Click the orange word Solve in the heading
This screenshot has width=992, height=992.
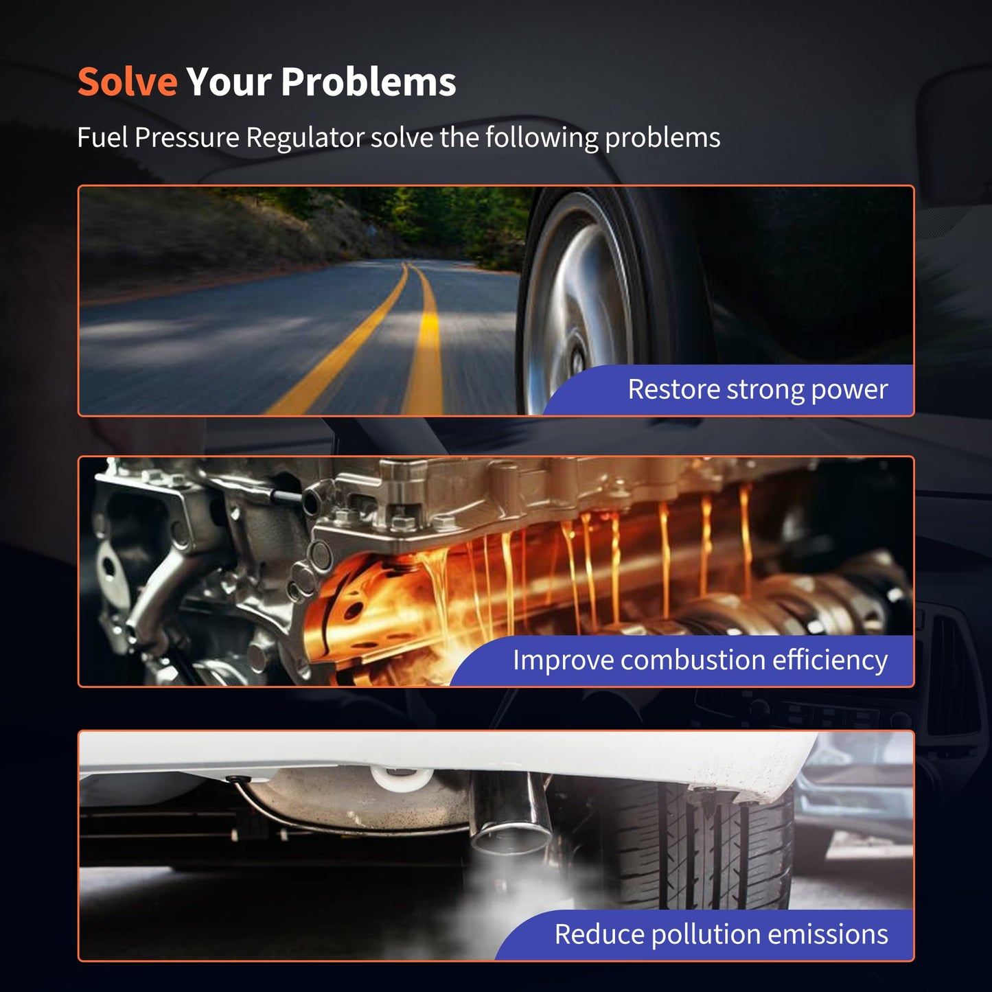[x=128, y=82]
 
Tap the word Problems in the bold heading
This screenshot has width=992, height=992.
[x=369, y=82]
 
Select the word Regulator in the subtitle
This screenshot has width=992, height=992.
[x=305, y=139]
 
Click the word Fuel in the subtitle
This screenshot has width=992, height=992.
[x=102, y=137]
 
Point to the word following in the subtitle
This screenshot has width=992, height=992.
[x=542, y=139]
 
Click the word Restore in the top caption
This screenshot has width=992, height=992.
[x=674, y=389]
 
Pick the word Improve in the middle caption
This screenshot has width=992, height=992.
[x=563, y=661]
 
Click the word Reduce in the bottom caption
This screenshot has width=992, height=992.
[x=600, y=934]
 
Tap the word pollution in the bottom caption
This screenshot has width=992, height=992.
[x=706, y=934]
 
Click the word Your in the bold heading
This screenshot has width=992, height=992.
[x=229, y=82]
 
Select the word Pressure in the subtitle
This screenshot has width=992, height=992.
[x=187, y=137]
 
